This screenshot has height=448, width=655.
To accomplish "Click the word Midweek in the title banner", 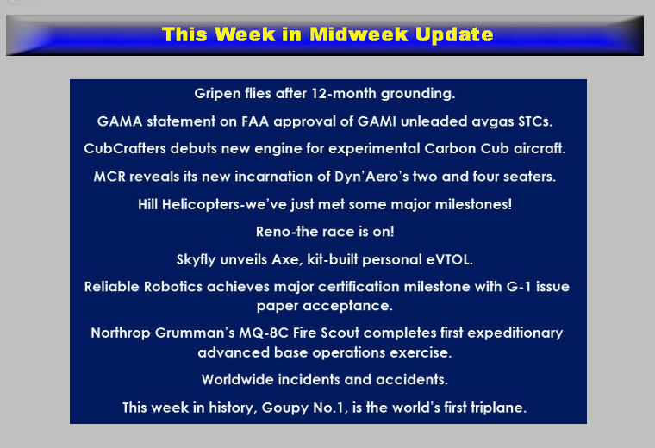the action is [359, 34].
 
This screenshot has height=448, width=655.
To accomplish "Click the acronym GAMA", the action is [120, 121].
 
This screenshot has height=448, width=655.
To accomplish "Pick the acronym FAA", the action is [255, 121].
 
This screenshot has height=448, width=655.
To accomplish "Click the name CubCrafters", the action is [125, 149].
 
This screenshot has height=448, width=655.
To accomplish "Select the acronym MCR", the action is [109, 177].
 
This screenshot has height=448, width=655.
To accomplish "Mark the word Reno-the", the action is [284, 232].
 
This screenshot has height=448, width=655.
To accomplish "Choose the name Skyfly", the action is [196, 260].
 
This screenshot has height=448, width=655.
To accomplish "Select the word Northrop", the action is [121, 333].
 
